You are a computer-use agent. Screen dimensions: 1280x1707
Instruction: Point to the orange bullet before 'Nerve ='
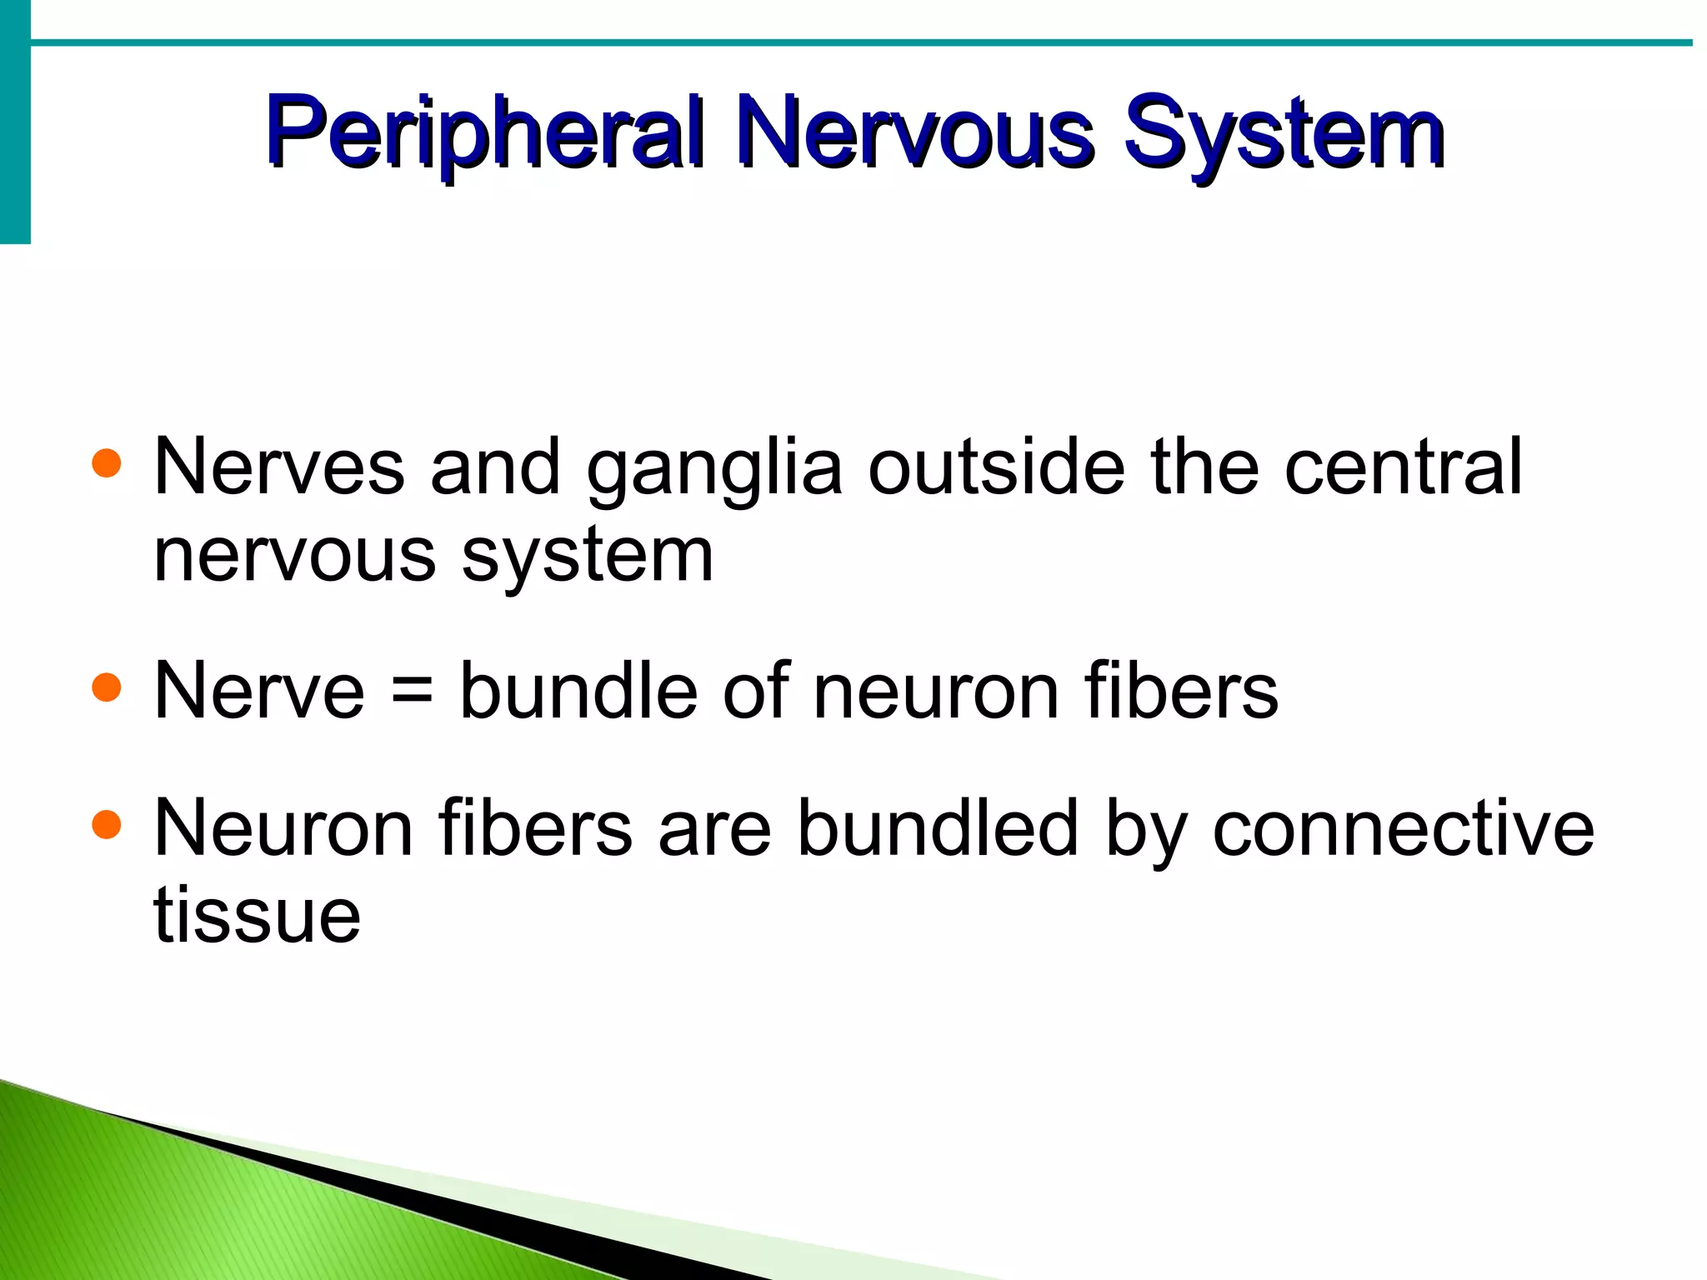point(107,687)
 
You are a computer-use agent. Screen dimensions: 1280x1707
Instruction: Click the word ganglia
point(714,468)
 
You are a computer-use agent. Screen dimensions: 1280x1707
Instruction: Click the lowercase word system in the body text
point(588,557)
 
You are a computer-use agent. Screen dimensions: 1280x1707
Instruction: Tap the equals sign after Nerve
point(412,692)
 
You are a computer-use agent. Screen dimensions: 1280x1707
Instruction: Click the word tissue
point(257,915)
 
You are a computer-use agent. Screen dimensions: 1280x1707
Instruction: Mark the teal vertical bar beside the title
point(15,122)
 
